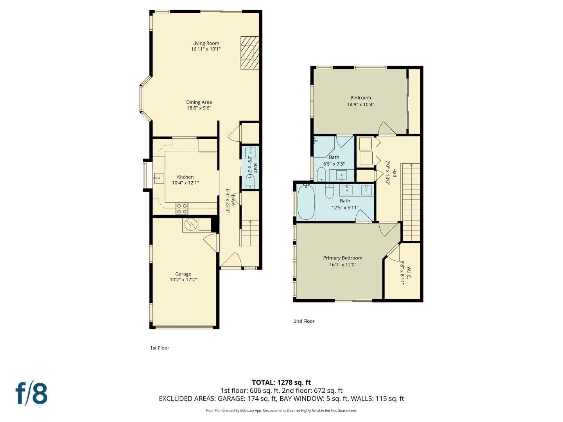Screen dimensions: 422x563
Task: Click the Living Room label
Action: (x=206, y=43)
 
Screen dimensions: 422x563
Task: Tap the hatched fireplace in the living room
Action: (x=249, y=53)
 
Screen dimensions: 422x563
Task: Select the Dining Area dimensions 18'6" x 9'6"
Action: (x=199, y=108)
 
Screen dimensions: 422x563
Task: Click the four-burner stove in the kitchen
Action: (x=181, y=209)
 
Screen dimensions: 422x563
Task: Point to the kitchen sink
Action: (x=159, y=178)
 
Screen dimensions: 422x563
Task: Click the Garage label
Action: (x=183, y=274)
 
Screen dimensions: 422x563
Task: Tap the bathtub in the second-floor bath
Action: (x=306, y=202)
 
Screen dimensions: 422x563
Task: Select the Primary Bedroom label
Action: (x=342, y=258)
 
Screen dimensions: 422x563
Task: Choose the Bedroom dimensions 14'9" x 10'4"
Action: (x=360, y=104)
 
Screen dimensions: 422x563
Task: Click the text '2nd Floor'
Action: (x=304, y=321)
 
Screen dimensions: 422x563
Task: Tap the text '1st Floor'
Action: (x=160, y=348)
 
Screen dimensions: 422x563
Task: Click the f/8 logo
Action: (x=31, y=393)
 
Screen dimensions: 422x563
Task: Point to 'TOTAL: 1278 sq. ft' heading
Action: (x=281, y=383)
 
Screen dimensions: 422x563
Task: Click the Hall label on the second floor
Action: (x=394, y=173)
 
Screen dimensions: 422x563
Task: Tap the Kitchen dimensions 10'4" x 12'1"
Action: (x=185, y=183)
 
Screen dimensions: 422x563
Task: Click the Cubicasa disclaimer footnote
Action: (x=281, y=411)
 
